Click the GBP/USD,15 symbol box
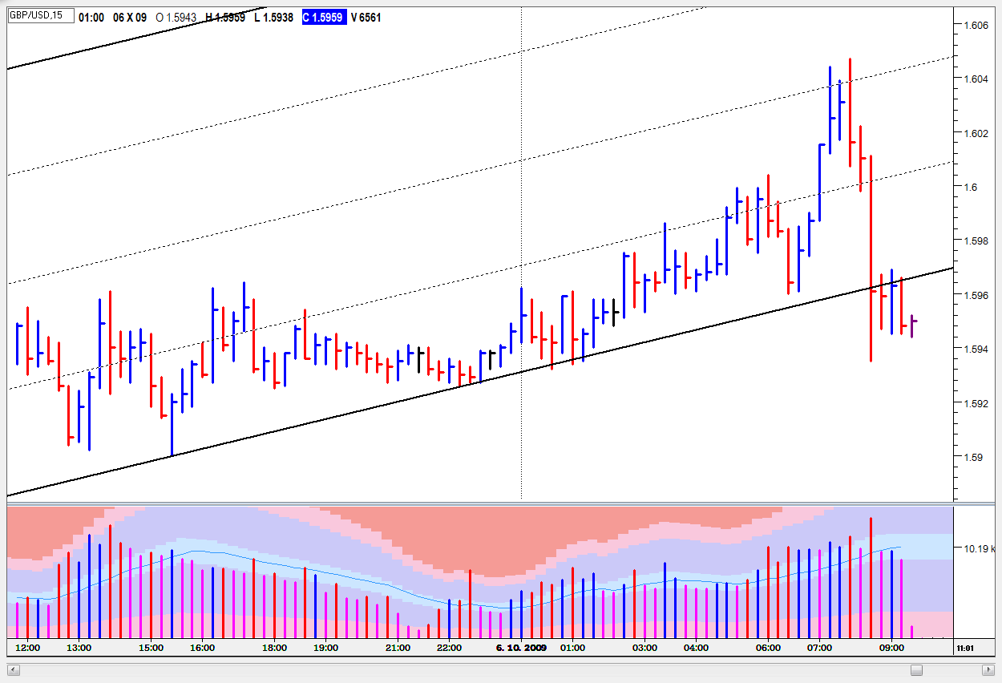tap(40, 16)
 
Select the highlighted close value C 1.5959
tap(324, 17)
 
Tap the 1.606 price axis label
tap(975, 26)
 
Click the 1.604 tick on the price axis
tap(975, 79)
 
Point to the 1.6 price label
tap(971, 187)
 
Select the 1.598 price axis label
tap(975, 240)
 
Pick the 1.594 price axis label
tap(975, 349)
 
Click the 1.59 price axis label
tap(972, 457)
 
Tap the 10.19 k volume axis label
tap(980, 549)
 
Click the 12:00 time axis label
tap(28, 648)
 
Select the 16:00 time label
tap(202, 648)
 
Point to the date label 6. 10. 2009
tap(521, 648)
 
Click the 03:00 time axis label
tap(644, 648)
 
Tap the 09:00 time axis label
tap(891, 648)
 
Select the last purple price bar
tap(912, 326)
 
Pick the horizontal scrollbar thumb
tap(916, 669)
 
